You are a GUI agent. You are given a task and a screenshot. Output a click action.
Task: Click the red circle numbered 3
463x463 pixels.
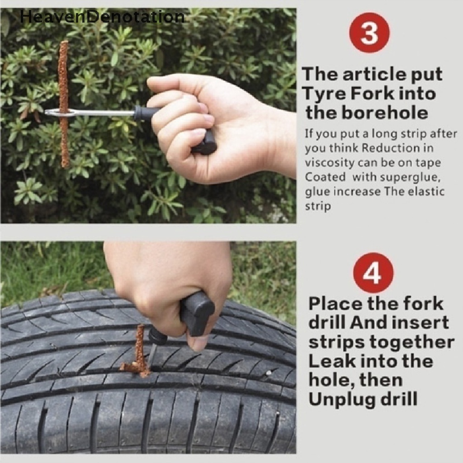[x=369, y=33]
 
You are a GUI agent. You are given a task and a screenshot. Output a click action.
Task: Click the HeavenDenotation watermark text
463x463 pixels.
[x=102, y=17]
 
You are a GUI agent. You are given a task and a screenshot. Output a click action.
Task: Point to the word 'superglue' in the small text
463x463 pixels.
[x=407, y=178]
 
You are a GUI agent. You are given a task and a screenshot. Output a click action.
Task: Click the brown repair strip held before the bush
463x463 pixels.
[x=64, y=104]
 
